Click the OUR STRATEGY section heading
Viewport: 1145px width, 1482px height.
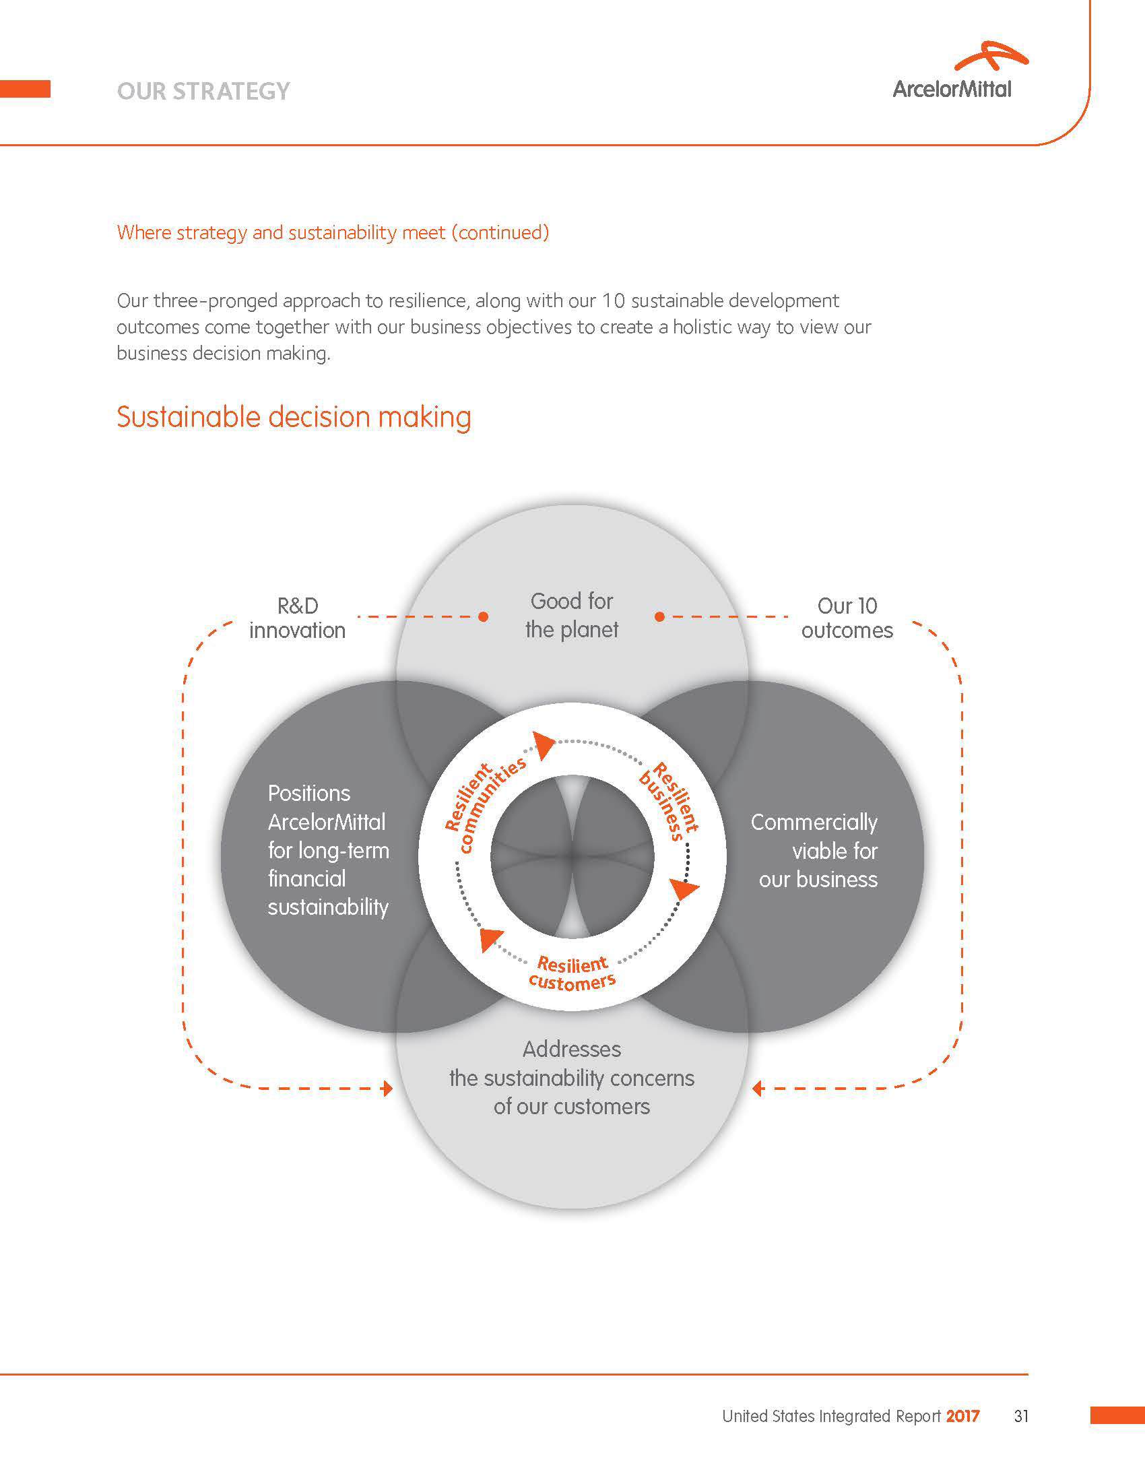203,92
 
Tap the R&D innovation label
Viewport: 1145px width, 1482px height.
297,618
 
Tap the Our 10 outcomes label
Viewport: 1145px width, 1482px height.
847,618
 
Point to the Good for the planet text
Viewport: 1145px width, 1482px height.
572,616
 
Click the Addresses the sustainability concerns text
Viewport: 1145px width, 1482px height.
572,1078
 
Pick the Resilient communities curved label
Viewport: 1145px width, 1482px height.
484,805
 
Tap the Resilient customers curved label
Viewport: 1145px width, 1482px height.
572,971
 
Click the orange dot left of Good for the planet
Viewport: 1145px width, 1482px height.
483,617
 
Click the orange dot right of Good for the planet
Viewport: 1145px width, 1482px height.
659,617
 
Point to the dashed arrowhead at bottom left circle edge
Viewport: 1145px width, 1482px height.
387,1089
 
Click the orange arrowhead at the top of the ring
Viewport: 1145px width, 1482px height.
544,744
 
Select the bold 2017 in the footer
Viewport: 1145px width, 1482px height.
962,1416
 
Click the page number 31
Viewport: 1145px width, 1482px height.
1021,1416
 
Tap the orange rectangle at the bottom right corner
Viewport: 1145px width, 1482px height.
1117,1415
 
